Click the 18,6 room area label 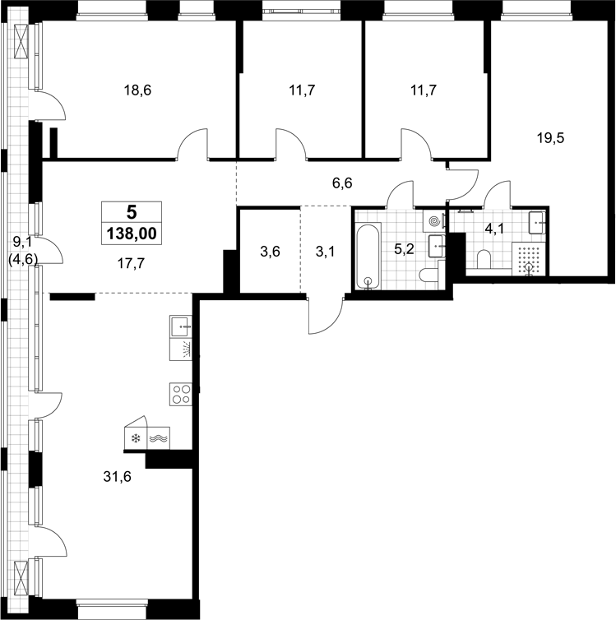click(137, 90)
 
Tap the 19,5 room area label click(550, 138)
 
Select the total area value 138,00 click(132, 234)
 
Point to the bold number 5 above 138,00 click(132, 212)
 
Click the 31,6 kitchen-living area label click(117, 477)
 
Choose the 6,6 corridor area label click(342, 183)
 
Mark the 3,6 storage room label click(270, 251)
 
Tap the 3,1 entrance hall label click(326, 251)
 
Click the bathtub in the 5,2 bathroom click(368, 257)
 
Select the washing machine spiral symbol click(434, 220)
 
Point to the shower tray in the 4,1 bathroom click(529, 259)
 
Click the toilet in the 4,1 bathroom click(484, 260)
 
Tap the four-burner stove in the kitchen click(181, 394)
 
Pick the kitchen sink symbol click(181, 326)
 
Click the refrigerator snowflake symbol click(136, 438)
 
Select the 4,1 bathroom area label click(494, 228)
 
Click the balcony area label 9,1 click(23, 241)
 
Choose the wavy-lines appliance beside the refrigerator click(159, 438)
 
